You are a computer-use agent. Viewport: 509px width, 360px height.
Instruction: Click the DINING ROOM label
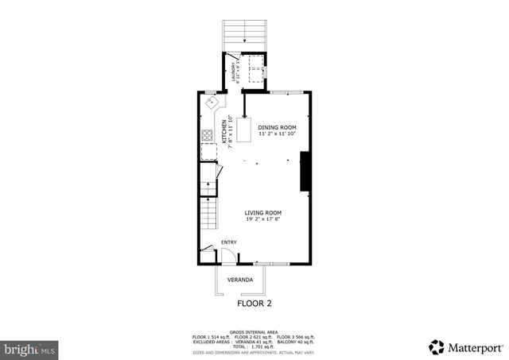[x=277, y=127]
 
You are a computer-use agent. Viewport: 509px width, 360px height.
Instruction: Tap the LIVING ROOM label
[x=262, y=213]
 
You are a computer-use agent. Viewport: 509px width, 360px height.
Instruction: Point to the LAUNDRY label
[x=235, y=70]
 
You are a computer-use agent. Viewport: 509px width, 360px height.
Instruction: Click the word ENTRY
[x=228, y=242]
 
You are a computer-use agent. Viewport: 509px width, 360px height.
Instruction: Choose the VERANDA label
[x=240, y=280]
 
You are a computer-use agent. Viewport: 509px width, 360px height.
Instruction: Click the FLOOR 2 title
[x=254, y=304]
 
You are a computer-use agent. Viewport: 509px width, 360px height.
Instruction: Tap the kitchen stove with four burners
[x=207, y=134]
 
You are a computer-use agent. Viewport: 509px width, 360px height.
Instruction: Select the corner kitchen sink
[x=212, y=103]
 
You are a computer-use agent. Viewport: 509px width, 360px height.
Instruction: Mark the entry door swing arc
[x=227, y=255]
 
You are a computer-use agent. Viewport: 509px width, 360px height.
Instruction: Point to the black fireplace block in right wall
[x=304, y=173]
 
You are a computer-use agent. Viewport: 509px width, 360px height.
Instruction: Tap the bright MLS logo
[x=30, y=348]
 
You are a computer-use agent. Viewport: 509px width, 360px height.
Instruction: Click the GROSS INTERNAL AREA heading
[x=254, y=331]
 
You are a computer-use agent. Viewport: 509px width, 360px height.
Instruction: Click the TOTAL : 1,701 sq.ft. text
[x=254, y=346]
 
